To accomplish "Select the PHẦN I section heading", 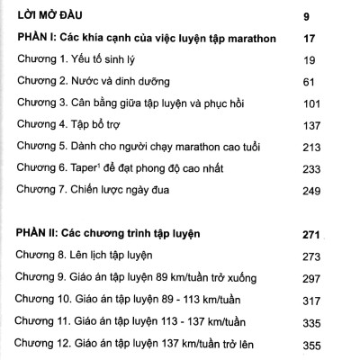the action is pyautogui.click(x=147, y=39).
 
